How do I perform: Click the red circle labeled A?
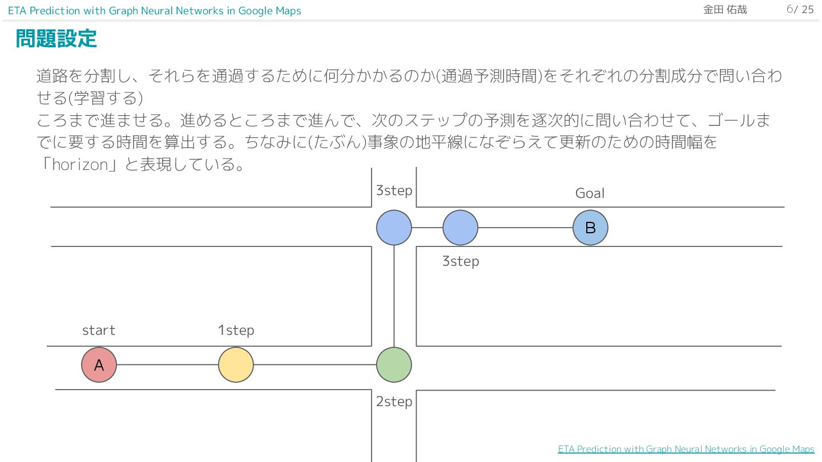pos(99,365)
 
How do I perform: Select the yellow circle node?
pos(236,365)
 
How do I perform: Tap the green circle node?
pos(394,365)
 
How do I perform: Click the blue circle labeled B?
pos(590,228)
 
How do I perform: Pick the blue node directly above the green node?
pos(394,228)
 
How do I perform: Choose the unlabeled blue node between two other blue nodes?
pos(460,228)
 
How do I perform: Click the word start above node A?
pos(99,330)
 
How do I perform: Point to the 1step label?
pos(236,330)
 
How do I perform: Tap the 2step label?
pos(394,402)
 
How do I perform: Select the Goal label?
pos(590,193)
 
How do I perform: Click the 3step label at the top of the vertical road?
pos(394,191)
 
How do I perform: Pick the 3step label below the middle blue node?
pos(460,261)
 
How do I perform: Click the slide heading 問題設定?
pos(56,39)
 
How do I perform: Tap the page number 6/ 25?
pos(800,10)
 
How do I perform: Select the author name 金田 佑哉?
pos(725,10)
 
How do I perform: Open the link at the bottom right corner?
pos(686,449)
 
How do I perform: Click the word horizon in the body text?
pos(79,165)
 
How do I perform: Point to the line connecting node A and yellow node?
pos(167,365)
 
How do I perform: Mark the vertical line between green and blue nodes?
pos(394,297)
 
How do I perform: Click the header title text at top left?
pos(154,11)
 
